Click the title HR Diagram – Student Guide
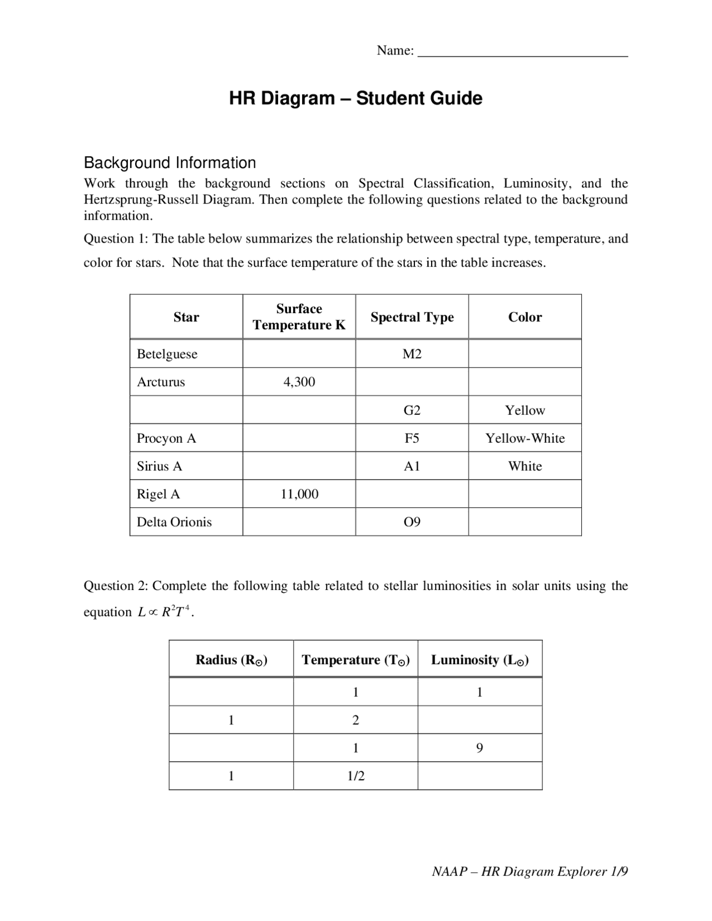point(355,98)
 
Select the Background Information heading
point(170,163)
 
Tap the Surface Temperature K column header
point(299,317)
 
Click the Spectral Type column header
point(412,317)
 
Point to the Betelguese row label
point(167,354)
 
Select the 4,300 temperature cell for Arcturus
point(299,382)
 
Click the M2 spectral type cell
point(412,354)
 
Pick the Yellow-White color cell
point(525,438)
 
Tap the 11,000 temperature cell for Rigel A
point(299,494)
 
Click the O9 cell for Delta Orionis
point(412,522)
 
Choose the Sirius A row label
point(160,466)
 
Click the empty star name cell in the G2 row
point(186,410)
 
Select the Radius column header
point(231,660)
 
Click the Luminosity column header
point(479,660)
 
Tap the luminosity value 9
point(479,748)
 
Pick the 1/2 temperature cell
point(356,776)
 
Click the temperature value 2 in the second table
point(356,720)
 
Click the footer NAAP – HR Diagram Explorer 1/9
point(530,872)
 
